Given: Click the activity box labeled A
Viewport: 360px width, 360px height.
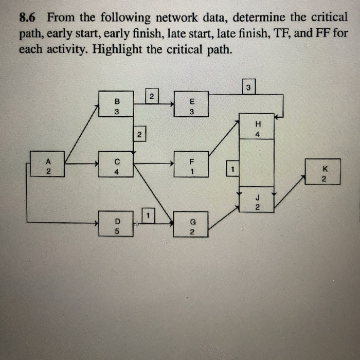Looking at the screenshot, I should coord(47,164).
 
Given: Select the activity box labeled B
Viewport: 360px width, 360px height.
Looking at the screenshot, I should coord(116,104).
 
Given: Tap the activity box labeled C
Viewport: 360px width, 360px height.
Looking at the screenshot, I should coord(116,164).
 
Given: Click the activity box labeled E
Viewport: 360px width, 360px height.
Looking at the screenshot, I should coord(191,104).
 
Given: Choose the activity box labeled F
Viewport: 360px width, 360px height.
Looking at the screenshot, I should coord(191,164).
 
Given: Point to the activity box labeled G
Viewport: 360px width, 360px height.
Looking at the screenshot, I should coord(191,225).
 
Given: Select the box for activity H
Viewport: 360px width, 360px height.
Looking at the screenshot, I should coord(257,127).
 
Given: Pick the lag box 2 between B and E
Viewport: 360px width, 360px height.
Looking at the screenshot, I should coord(151,96).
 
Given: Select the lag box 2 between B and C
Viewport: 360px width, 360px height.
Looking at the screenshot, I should coord(139,135).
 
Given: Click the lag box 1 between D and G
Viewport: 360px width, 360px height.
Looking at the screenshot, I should coord(148,213).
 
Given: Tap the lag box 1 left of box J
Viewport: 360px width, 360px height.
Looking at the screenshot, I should coord(232,168).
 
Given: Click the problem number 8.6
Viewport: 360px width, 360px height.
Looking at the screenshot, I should coord(29,17).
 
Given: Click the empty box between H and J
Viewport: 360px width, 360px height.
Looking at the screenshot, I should coord(257,163).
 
